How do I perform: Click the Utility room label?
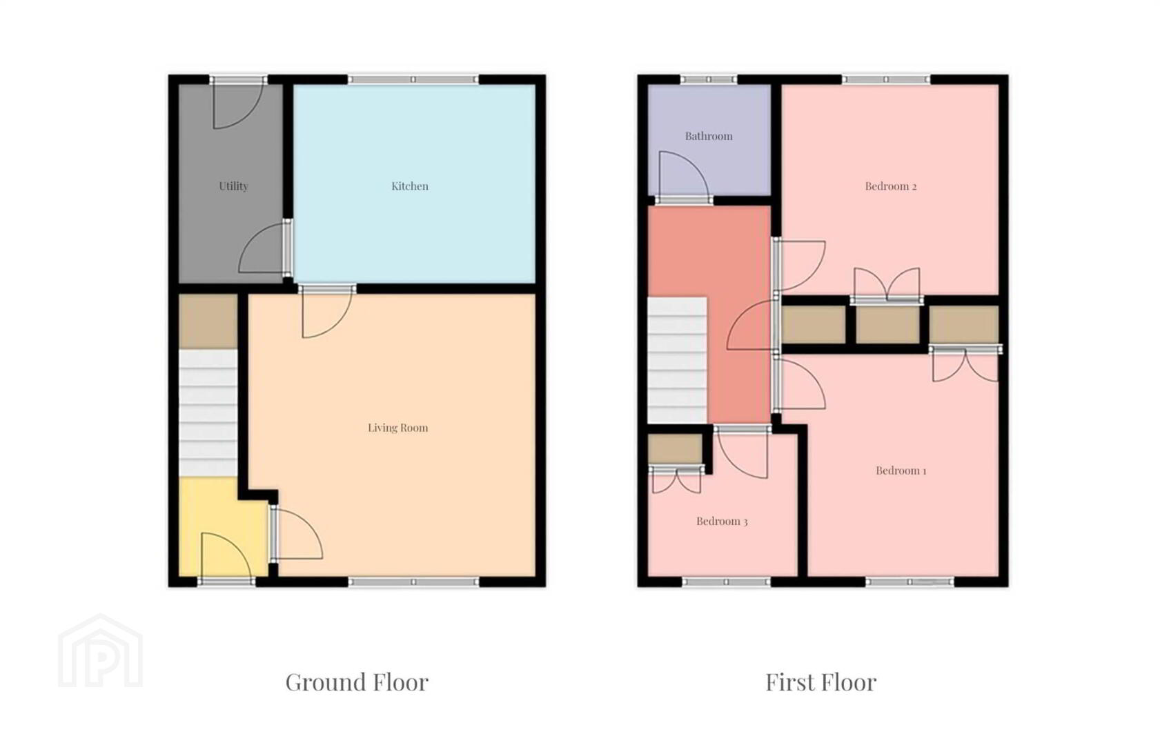click(233, 186)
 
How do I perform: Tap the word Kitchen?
click(410, 186)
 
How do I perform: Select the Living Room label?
click(397, 428)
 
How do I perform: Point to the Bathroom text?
click(709, 136)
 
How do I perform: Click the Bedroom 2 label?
click(891, 186)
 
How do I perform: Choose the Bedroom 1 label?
click(901, 470)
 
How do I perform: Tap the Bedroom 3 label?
click(722, 521)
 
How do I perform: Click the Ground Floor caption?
click(357, 682)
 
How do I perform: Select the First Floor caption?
click(820, 682)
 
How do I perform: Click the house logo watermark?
click(100, 651)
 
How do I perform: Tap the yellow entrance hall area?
click(223, 526)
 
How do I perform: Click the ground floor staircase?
click(208, 413)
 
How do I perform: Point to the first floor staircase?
click(677, 360)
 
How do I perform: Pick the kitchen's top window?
click(413, 79)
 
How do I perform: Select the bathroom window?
click(708, 79)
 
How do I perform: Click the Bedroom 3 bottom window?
click(726, 582)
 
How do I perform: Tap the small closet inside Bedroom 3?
click(676, 449)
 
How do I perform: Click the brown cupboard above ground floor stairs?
click(208, 321)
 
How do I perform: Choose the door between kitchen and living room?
click(327, 310)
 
